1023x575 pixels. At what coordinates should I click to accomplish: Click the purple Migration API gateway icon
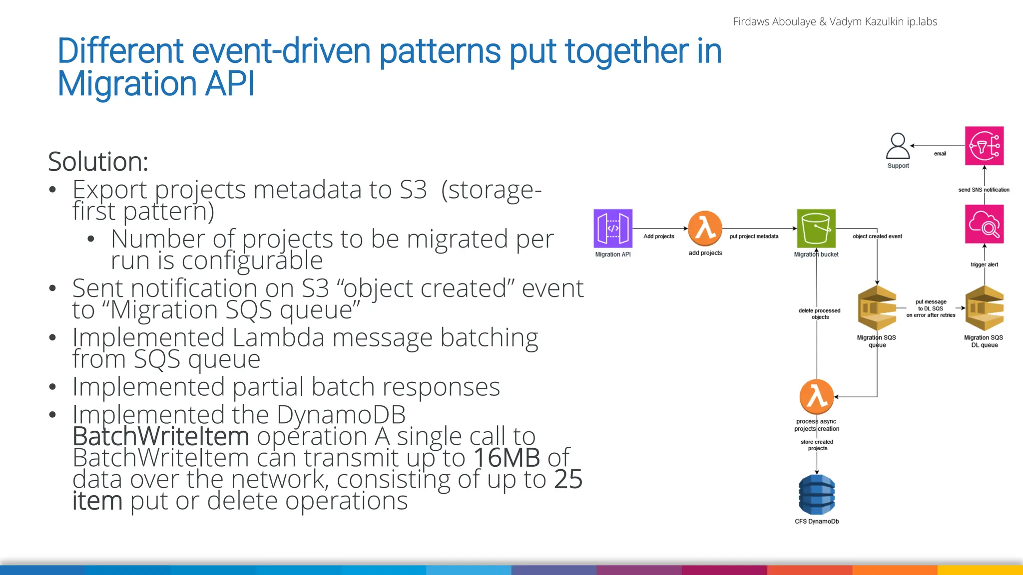(613, 229)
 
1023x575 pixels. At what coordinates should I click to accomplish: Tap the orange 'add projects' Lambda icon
(705, 228)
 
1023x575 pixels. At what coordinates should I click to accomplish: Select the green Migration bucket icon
(816, 229)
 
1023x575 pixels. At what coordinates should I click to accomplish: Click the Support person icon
(898, 146)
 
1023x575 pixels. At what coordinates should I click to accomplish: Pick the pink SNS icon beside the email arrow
(984, 146)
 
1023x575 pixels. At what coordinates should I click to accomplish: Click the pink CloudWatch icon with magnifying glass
(984, 224)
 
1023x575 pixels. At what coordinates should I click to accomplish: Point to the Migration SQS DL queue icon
(984, 308)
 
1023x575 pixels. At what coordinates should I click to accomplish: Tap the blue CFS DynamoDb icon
(817, 495)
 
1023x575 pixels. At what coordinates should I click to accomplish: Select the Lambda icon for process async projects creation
(817, 397)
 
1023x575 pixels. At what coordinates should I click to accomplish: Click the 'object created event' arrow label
(877, 237)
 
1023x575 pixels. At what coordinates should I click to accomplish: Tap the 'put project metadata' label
(754, 237)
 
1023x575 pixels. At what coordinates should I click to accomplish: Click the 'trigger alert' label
(984, 265)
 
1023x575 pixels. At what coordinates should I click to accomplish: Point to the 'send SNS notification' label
(984, 190)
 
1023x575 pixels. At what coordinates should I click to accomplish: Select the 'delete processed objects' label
(819, 313)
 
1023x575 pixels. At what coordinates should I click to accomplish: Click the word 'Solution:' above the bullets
(98, 162)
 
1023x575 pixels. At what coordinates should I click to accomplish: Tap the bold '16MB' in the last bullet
(507, 458)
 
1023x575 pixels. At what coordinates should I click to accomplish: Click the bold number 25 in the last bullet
(568, 479)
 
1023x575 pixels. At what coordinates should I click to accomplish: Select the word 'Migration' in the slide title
(127, 83)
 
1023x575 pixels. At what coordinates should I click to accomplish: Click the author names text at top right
(834, 21)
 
